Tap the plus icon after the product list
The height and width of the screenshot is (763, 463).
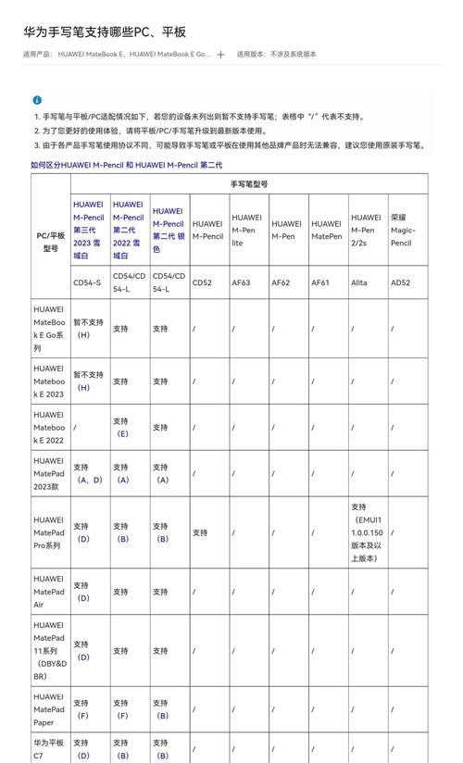(220, 55)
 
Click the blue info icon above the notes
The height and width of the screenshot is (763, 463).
(37, 100)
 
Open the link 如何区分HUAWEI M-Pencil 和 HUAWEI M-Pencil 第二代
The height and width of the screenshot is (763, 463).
(126, 165)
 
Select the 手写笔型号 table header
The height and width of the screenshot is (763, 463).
(249, 184)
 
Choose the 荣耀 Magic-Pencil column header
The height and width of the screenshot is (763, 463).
(403, 230)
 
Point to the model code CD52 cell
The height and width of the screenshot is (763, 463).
(202, 282)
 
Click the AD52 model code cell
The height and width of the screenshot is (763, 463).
(400, 282)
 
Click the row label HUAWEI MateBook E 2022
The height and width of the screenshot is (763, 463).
(50, 428)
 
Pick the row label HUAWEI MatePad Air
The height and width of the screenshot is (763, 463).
(50, 592)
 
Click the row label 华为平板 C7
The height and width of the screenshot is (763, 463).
(50, 748)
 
